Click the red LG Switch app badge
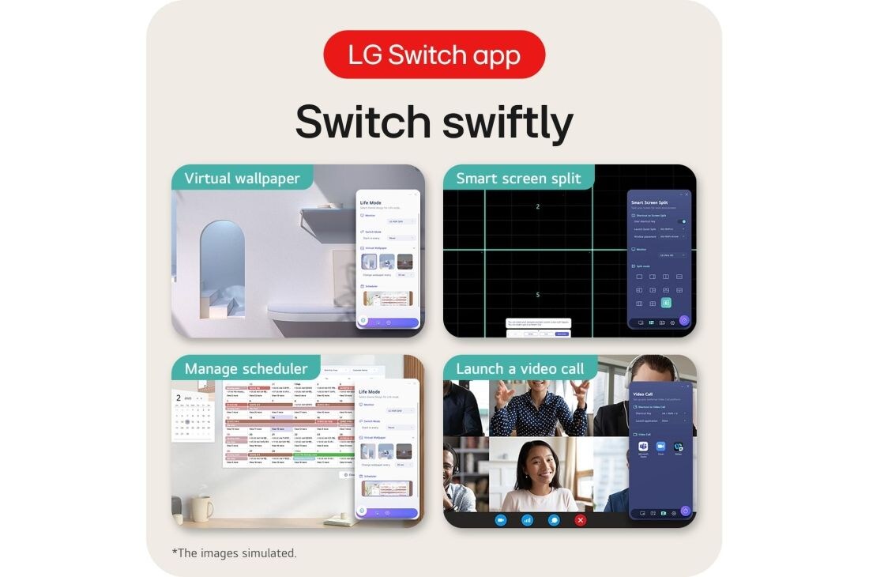click(x=434, y=55)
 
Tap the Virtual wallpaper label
click(x=242, y=178)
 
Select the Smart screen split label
click(x=517, y=178)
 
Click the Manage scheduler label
click(x=246, y=368)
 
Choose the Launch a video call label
click(x=520, y=368)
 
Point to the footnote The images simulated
click(x=235, y=553)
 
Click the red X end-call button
click(x=581, y=519)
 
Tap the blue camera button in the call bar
click(x=500, y=519)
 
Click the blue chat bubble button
click(x=554, y=519)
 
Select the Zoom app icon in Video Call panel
click(x=660, y=447)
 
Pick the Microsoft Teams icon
click(x=643, y=447)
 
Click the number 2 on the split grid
click(x=537, y=206)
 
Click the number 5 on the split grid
click(x=537, y=295)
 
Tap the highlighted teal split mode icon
click(x=666, y=303)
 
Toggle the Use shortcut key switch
click(x=683, y=222)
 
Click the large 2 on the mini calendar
click(x=179, y=398)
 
